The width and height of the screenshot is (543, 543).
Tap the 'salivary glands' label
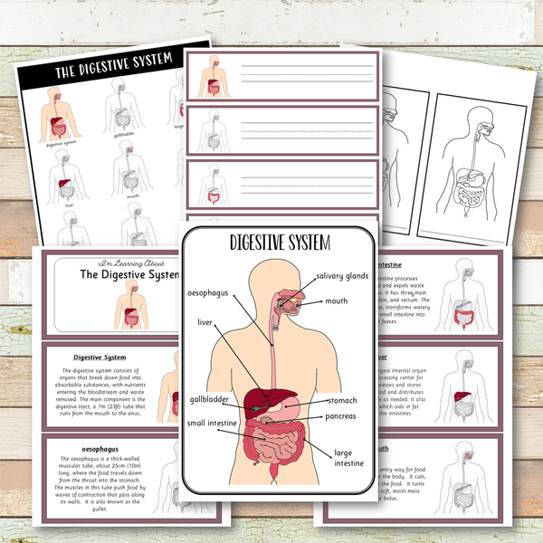tap(341, 275)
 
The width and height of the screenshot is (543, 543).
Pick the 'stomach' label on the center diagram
tap(342, 399)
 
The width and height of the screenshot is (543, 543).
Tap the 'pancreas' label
tap(342, 416)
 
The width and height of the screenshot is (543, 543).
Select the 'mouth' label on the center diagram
tap(337, 301)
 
